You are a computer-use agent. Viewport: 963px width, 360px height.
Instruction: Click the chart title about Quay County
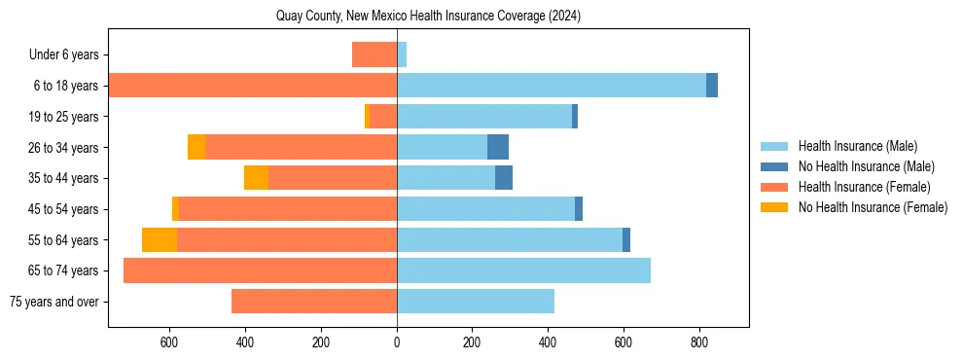point(428,16)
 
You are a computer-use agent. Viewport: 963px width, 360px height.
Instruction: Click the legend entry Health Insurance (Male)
point(857,146)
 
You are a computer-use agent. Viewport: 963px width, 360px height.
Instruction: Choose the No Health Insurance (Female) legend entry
point(873,207)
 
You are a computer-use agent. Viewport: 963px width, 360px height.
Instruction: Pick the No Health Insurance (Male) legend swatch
point(775,166)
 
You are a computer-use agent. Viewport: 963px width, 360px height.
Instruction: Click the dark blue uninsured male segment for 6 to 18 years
point(712,86)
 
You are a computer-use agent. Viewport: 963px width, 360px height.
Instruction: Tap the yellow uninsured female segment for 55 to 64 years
point(160,239)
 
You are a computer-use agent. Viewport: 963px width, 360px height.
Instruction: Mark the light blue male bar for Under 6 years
point(402,54)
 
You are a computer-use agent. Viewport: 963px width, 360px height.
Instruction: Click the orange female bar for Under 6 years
point(374,54)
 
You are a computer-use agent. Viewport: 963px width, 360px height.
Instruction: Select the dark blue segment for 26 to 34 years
point(498,147)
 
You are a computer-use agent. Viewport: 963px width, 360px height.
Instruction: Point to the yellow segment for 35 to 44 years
point(256,178)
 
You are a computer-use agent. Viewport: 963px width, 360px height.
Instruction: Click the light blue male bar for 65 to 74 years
point(523,270)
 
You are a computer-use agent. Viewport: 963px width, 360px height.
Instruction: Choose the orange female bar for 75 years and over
point(314,302)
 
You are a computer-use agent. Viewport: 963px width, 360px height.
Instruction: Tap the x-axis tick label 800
point(698,342)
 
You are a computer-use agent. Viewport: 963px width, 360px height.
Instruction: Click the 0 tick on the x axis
point(397,342)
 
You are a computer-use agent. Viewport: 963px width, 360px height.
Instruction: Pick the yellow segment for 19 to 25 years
point(367,117)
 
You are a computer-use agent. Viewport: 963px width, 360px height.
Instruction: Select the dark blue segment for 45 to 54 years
point(579,209)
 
